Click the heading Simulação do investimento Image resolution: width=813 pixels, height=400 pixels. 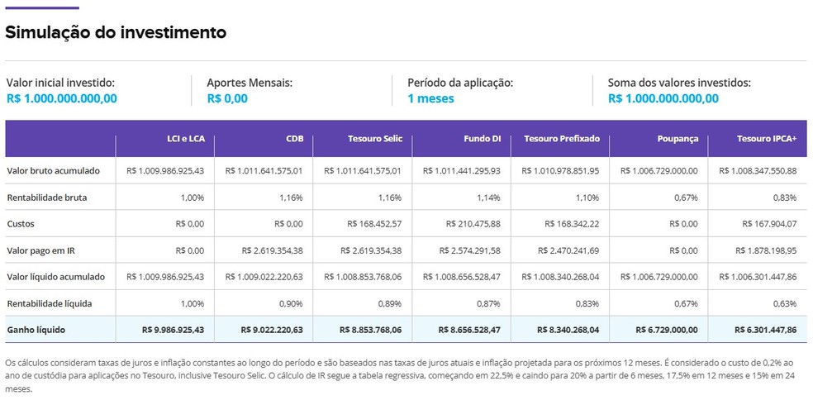tap(116, 33)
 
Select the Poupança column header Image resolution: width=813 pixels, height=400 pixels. tap(677, 139)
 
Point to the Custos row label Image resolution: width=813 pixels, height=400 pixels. tap(21, 224)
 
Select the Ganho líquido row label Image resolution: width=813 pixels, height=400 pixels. tap(36, 330)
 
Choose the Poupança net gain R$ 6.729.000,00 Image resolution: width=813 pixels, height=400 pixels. tap(667, 330)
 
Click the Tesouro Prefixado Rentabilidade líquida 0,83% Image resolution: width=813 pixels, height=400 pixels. tap(587, 303)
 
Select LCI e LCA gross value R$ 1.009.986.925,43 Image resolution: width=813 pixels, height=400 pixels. tap(165, 171)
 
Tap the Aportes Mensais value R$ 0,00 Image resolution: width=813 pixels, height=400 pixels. tap(227, 98)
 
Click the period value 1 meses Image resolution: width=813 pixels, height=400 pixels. tap(430, 98)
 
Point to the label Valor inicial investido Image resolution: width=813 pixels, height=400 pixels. tap(60, 83)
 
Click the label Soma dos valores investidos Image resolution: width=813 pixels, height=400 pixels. tap(679, 83)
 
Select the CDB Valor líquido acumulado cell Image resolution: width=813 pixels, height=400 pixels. tap(264, 277)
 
